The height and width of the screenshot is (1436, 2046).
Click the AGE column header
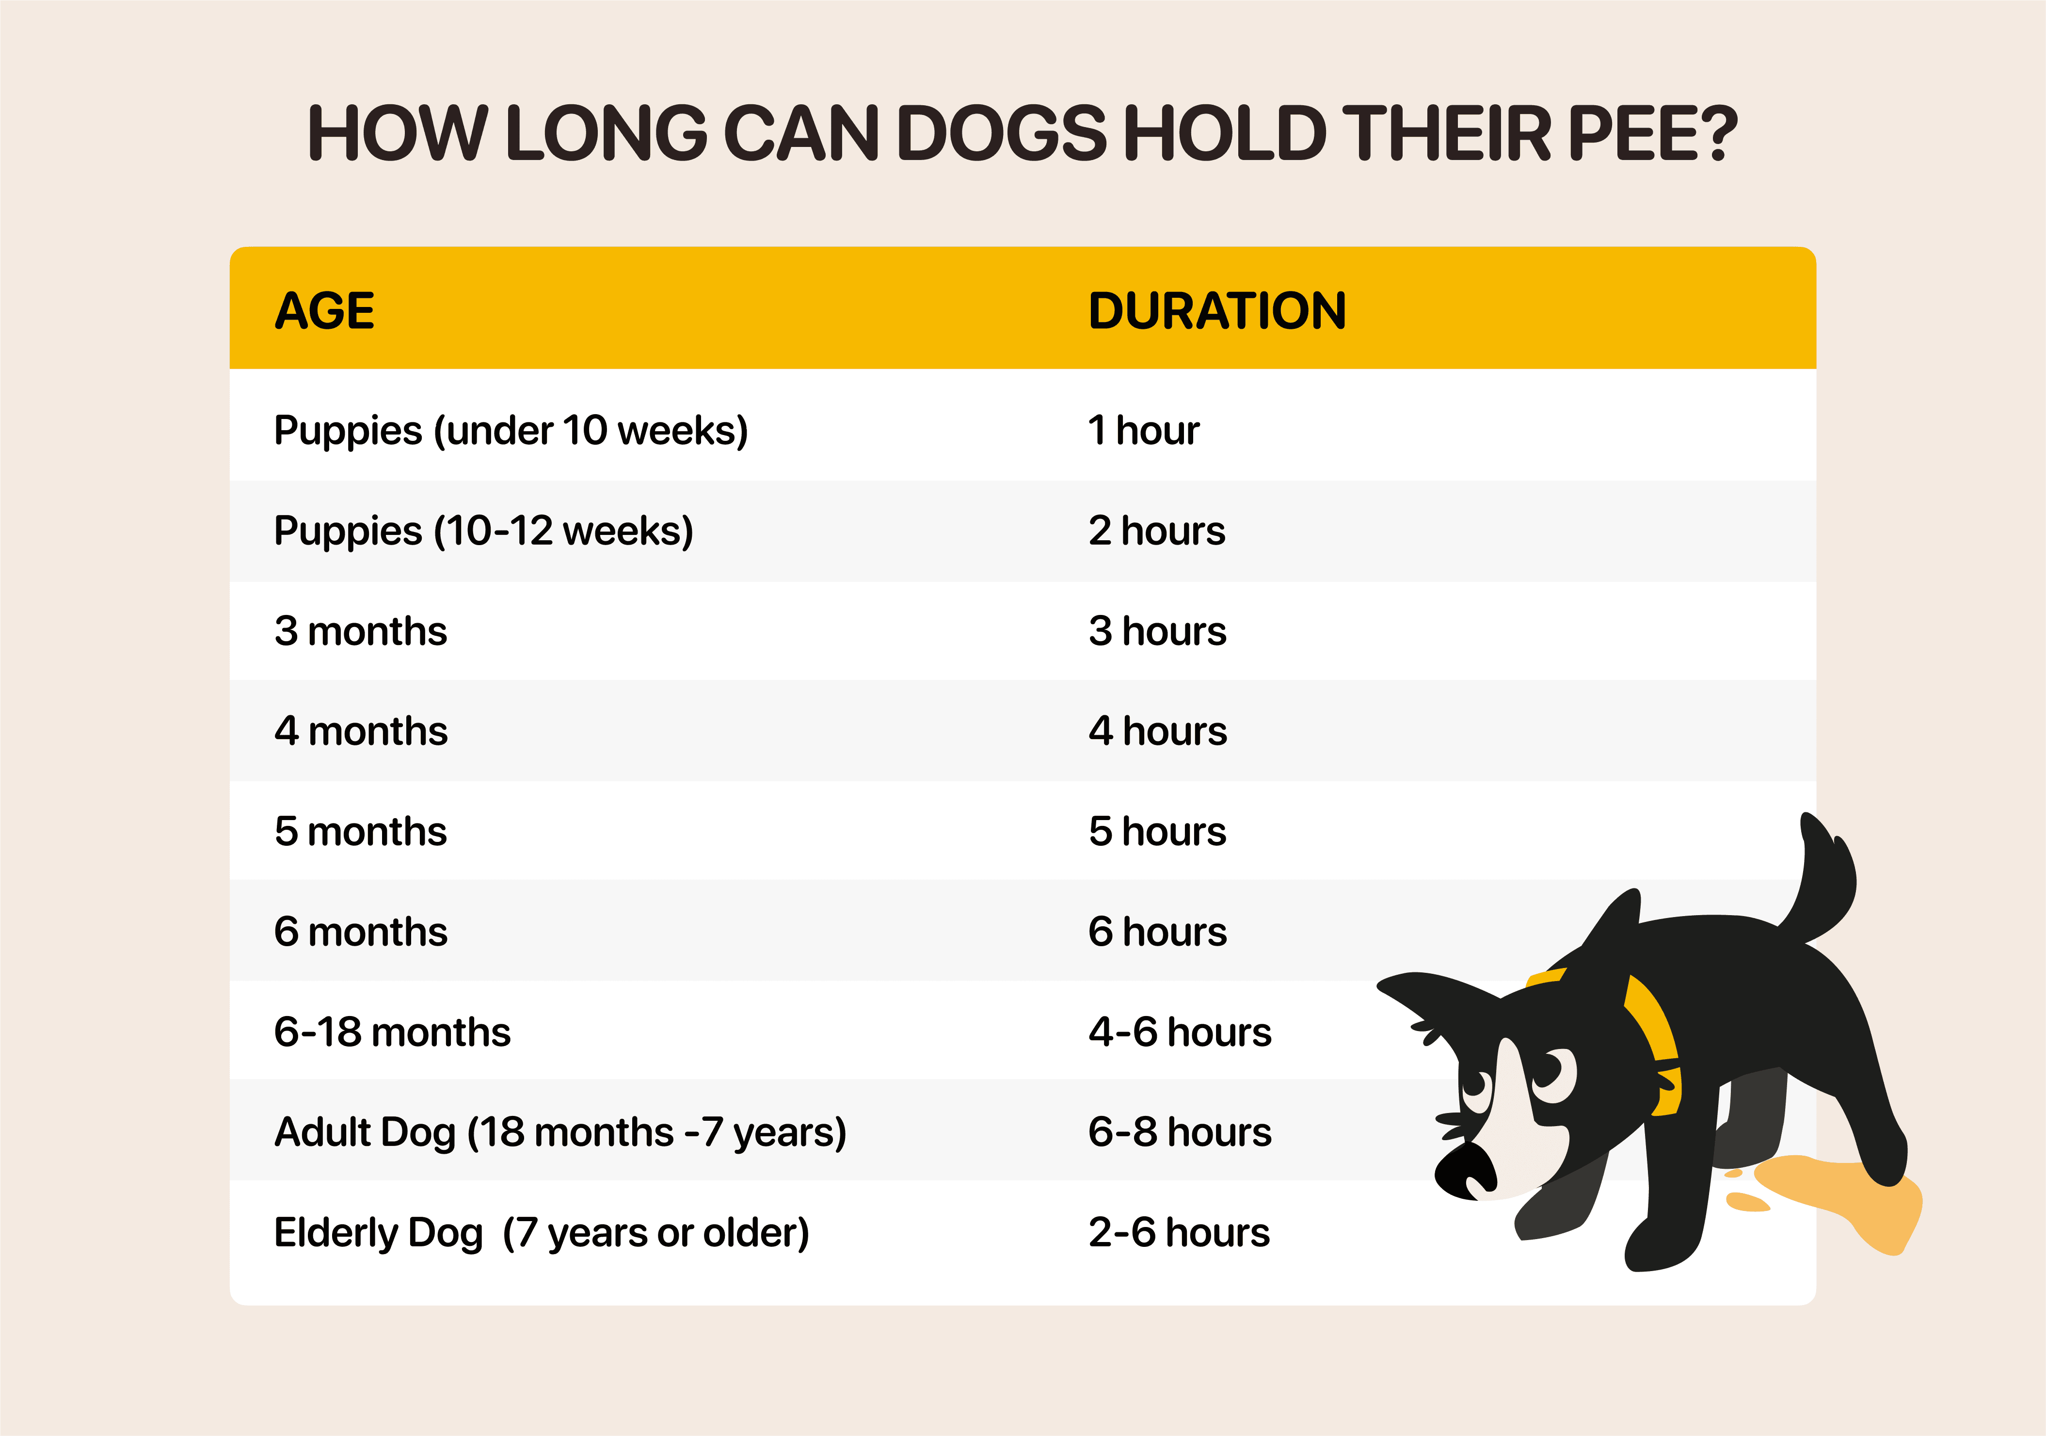click(x=324, y=311)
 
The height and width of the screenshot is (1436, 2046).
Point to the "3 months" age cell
click(x=361, y=631)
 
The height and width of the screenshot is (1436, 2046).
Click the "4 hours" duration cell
click(x=1158, y=731)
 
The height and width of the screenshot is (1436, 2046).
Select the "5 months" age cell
click(x=361, y=832)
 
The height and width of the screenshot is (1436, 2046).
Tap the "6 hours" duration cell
click(x=1158, y=932)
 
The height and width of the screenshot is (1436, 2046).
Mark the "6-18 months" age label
click(x=392, y=1032)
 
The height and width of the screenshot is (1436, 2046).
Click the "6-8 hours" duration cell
click(x=1180, y=1132)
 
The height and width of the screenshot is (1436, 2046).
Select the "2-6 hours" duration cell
click(x=1179, y=1233)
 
